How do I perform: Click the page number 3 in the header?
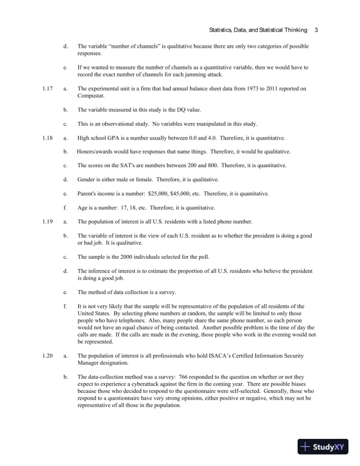(x=316, y=30)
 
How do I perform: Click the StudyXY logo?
(x=324, y=446)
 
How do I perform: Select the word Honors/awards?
(x=96, y=152)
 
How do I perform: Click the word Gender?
(x=87, y=179)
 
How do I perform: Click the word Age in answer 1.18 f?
(x=82, y=208)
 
